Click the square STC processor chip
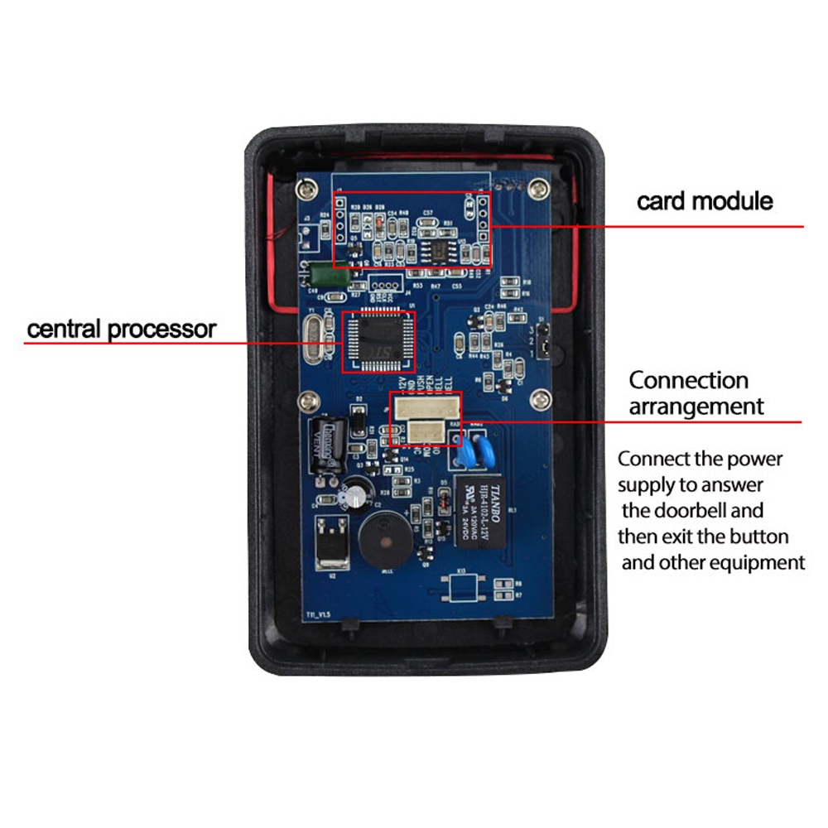tap(378, 339)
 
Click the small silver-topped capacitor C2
tap(355, 493)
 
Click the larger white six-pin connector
tap(426, 407)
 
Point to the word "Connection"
tap(688, 381)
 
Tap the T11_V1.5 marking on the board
tap(317, 615)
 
